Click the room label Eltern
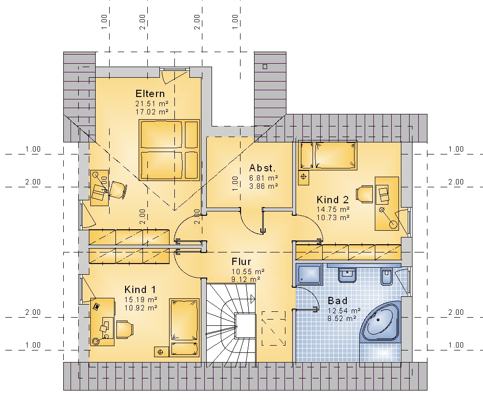coord(150,94)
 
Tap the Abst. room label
coord(262,168)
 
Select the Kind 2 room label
coord(333,200)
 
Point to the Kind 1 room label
coord(140,290)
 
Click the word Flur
coord(241,262)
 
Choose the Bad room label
coord(338,300)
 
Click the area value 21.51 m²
coord(152,103)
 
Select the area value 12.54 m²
coord(344,310)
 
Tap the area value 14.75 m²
coord(333,209)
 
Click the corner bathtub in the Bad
coord(381,321)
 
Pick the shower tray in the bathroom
coord(309,274)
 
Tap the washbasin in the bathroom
coord(347,275)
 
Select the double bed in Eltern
coord(169,150)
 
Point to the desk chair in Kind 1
coord(125,330)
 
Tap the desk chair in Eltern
coord(118,190)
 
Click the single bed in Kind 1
coord(184,327)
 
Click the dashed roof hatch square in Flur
coord(273,328)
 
